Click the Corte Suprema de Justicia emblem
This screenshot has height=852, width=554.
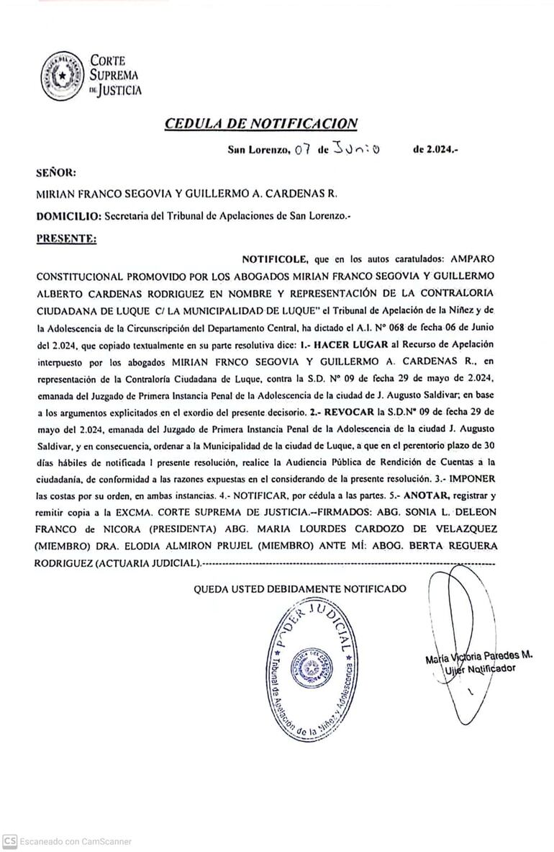coord(61,74)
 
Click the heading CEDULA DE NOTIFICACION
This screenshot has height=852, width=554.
coord(261,123)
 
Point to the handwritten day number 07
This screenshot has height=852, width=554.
coord(301,151)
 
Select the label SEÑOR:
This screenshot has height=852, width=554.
coord(56,172)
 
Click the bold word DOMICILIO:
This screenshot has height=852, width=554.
coord(68,215)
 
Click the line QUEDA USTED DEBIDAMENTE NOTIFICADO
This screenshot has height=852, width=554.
coord(300,588)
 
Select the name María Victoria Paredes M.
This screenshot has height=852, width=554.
coord(478,656)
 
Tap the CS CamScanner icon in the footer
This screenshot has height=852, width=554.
coord(10,841)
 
